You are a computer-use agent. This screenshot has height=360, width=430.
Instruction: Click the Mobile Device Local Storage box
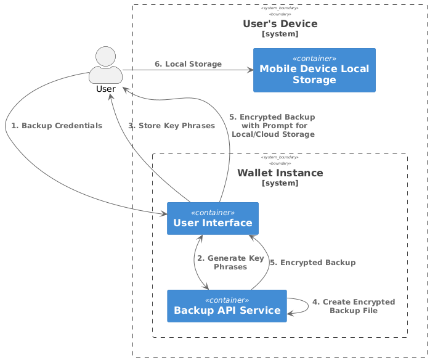tap(314, 70)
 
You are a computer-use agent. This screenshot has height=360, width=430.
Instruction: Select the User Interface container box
tap(213, 218)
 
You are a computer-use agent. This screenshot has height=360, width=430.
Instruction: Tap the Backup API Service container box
tap(227, 306)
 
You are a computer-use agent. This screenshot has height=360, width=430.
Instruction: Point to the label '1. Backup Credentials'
tap(57, 126)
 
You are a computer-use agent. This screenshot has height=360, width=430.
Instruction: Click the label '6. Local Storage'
tap(188, 64)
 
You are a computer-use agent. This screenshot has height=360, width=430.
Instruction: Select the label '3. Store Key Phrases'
tap(171, 126)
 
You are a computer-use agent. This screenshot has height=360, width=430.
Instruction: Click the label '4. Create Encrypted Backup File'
tap(353, 306)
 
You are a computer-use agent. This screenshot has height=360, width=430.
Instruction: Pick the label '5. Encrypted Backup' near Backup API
tap(312, 263)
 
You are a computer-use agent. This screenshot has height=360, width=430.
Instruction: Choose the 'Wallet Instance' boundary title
tap(280, 173)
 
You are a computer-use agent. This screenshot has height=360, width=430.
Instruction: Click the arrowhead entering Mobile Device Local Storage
tap(250, 70)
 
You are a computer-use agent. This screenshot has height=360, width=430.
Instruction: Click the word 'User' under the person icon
tap(106, 89)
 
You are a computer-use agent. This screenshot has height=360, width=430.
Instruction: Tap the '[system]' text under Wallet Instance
tap(280, 183)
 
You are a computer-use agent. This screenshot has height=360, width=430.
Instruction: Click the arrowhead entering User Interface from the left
tap(164, 215)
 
